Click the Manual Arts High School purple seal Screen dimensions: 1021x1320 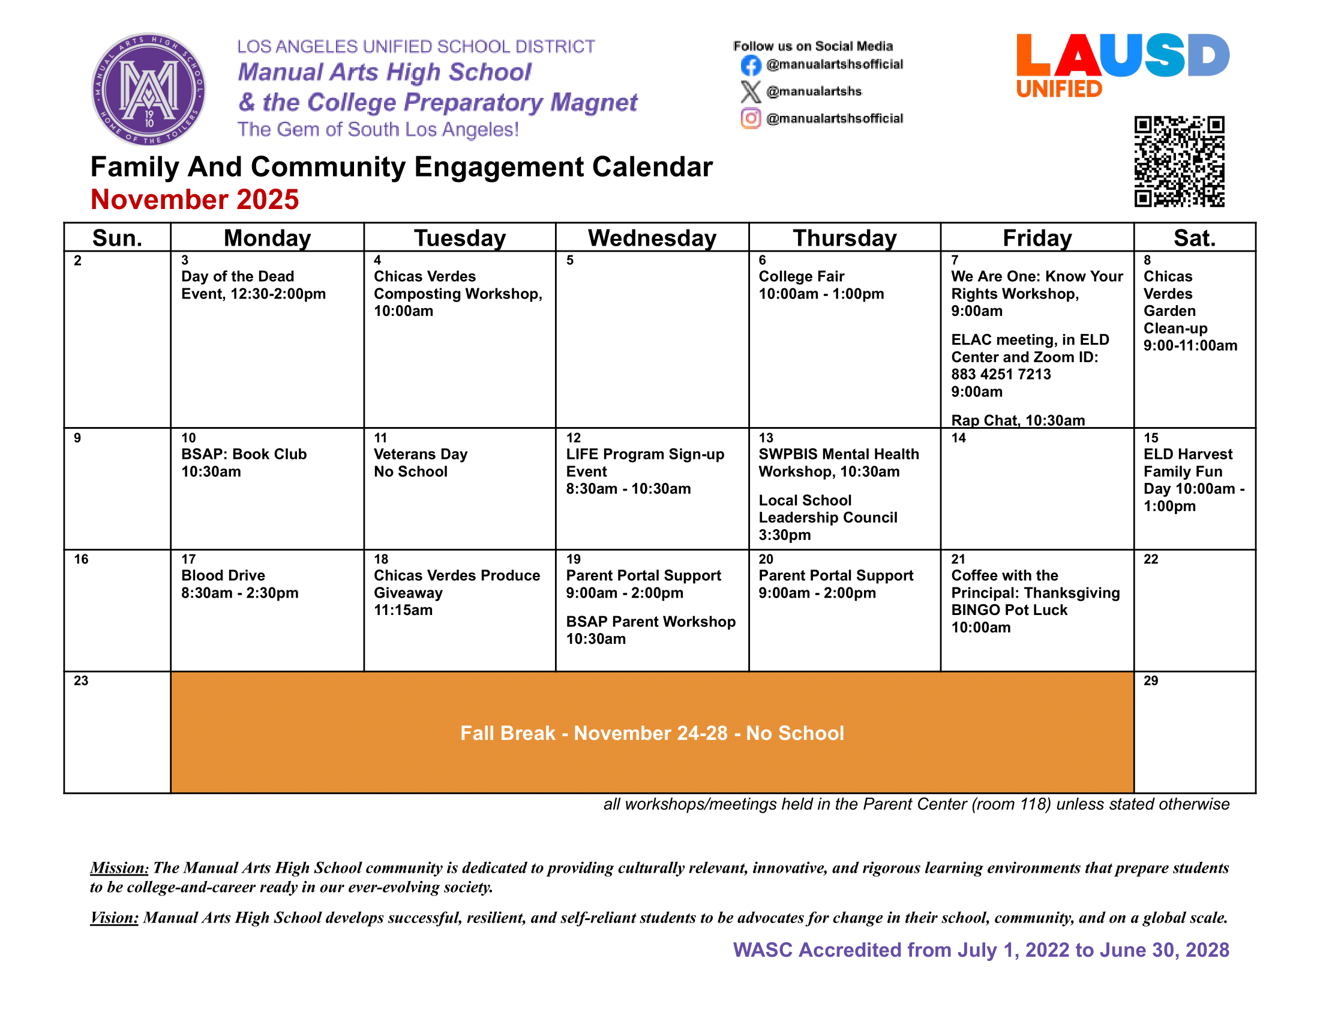148,89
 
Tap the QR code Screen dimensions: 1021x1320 1178,162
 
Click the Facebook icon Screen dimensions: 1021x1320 750,65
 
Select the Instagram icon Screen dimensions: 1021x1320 750,118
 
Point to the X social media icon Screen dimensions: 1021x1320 750,91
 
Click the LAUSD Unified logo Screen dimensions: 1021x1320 1122,64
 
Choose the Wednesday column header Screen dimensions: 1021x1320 652,238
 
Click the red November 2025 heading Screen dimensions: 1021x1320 194,199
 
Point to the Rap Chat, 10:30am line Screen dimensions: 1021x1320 1018,420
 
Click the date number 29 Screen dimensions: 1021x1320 1151,680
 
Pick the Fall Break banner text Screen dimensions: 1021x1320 652,733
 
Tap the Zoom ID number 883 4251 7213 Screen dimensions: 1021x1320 1001,374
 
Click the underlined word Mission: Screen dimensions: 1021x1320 119,868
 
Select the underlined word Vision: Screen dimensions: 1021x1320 114,918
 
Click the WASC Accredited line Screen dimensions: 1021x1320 980,950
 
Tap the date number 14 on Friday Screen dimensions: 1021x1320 959,438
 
